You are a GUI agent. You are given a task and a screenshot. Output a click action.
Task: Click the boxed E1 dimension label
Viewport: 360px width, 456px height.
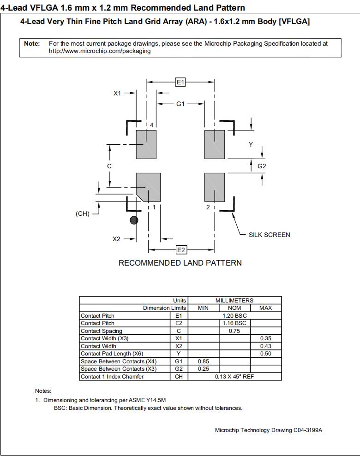pyautogui.click(x=180, y=82)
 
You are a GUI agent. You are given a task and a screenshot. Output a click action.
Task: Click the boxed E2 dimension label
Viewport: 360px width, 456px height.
pyautogui.click(x=181, y=250)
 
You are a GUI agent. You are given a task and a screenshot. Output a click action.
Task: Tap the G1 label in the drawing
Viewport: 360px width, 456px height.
pyautogui.click(x=180, y=104)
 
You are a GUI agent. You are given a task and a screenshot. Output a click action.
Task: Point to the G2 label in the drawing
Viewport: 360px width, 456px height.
pyautogui.click(x=262, y=166)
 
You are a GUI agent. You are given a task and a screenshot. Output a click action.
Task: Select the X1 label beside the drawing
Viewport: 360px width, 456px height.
pyautogui.click(x=117, y=93)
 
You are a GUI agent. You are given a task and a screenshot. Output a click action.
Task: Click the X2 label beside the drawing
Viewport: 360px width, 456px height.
pyautogui.click(x=116, y=239)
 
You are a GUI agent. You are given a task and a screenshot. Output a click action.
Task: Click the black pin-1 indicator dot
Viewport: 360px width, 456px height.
pyautogui.click(x=134, y=220)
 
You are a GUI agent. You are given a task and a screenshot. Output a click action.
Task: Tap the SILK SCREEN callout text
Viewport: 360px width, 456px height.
pyautogui.click(x=270, y=235)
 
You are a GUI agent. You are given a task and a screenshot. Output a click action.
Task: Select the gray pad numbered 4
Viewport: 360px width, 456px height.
pyautogui.click(x=146, y=144)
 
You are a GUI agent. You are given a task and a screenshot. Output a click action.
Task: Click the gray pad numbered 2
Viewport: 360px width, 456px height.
pyautogui.click(x=215, y=187)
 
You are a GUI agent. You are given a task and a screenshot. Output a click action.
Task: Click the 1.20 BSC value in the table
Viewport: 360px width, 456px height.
pyautogui.click(x=234, y=316)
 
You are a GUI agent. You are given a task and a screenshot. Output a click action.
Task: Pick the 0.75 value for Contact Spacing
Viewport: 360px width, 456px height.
pyautogui.click(x=234, y=331)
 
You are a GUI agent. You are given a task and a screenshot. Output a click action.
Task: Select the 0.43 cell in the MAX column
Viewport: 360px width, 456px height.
pyautogui.click(x=265, y=346)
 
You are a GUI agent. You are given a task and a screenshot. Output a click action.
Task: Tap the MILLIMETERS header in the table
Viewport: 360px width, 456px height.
pyautogui.click(x=234, y=300)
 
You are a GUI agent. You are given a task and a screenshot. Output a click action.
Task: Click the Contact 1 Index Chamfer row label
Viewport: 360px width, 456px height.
pyautogui.click(x=112, y=377)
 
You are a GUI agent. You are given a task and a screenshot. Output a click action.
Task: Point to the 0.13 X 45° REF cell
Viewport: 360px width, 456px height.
pyautogui.click(x=234, y=377)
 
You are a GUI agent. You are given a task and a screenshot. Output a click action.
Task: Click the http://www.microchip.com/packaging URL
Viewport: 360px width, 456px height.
pyautogui.click(x=100, y=51)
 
